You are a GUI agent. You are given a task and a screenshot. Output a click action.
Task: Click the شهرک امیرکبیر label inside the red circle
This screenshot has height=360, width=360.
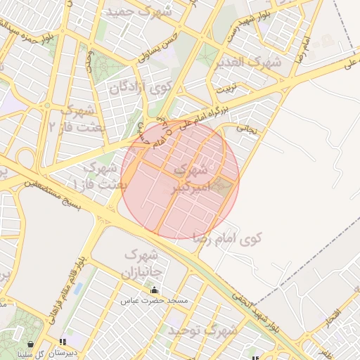[x=191, y=179]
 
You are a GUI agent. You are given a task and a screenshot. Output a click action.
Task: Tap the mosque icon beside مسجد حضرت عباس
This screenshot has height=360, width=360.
[x=154, y=290]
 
